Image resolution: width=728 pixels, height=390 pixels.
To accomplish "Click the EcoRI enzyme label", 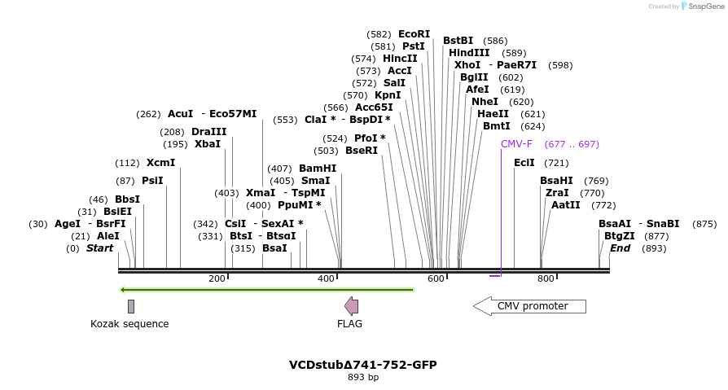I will coord(414,34).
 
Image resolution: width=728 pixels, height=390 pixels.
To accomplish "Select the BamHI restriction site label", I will coord(318,169).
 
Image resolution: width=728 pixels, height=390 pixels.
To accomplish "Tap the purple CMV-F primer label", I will coord(516,144).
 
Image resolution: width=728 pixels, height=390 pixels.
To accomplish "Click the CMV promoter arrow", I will coord(529,306).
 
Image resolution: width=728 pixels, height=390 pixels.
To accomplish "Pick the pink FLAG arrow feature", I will coord(351,306).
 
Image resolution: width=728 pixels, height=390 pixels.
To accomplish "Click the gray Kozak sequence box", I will coord(131,306).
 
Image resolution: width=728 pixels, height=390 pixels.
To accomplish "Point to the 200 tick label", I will coord(217,279).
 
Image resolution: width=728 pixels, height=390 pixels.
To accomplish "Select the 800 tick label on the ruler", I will coord(546,279).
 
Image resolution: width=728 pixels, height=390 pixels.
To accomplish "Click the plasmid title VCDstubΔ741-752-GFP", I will coord(363,365).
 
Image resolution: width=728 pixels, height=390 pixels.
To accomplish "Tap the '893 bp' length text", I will coord(363,378).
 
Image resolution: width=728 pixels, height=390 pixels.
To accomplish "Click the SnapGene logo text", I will coord(705,7).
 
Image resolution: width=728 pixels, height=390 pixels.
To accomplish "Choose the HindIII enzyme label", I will coord(469,53).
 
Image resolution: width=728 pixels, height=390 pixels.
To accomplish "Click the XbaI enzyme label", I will coord(208,144).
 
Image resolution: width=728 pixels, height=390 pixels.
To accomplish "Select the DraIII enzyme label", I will coord(209,132).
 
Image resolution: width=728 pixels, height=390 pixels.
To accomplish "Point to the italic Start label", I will coord(100,248).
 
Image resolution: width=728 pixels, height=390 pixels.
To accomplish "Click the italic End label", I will coord(620,248).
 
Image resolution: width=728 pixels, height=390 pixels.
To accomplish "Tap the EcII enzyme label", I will coord(524,163).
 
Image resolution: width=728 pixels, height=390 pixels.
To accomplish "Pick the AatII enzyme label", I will coord(566,205).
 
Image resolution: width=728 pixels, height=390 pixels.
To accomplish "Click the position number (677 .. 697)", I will coord(572,144).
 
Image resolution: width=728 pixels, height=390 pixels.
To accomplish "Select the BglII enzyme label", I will coord(474,77).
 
